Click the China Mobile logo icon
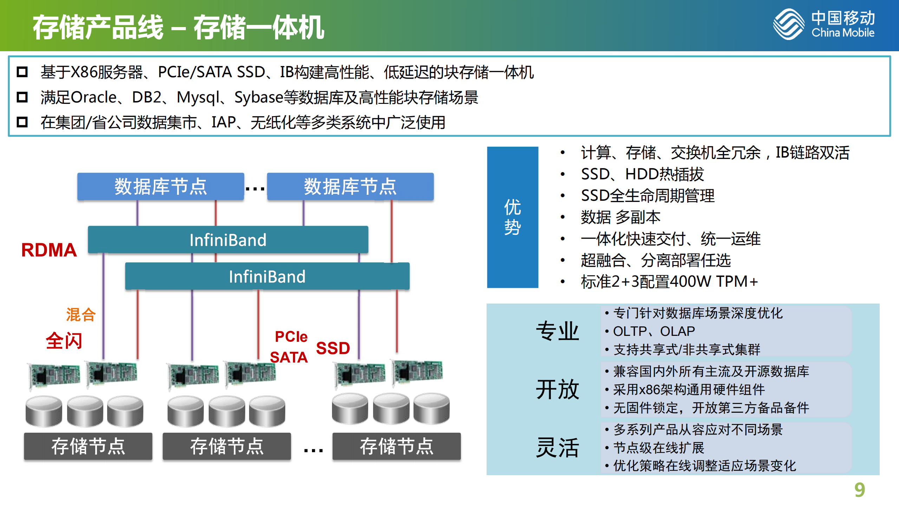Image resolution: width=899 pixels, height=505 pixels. point(788,24)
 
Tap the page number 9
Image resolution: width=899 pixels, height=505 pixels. point(859,490)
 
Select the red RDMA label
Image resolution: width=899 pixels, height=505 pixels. point(49,250)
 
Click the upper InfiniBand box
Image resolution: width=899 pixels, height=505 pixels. point(228,240)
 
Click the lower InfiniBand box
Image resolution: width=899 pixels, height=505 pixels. point(267,277)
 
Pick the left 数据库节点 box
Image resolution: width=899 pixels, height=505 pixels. point(161,186)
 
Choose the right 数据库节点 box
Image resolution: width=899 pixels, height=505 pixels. point(350,186)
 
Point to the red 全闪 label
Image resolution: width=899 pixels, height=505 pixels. point(64,340)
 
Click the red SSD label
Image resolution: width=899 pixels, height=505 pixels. point(333,348)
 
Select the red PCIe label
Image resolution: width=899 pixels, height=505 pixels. point(291,337)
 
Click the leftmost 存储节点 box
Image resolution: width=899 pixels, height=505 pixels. point(88,446)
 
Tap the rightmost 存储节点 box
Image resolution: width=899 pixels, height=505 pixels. point(396,446)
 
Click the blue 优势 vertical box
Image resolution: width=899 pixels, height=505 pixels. point(512,217)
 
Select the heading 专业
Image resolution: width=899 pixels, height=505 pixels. point(557,331)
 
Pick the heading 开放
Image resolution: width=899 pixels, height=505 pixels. point(557,389)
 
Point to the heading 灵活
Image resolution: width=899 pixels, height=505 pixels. point(557,447)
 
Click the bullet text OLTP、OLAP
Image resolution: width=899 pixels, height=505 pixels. point(653,331)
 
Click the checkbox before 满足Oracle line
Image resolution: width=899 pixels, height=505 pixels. point(22,97)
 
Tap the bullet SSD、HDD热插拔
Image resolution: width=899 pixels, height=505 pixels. point(642,174)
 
